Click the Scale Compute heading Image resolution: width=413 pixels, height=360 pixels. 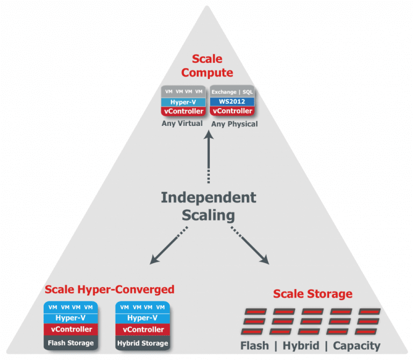coord(207,66)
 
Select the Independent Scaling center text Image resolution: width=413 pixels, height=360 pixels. coord(208,206)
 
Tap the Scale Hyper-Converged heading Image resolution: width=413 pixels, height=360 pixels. coord(109,290)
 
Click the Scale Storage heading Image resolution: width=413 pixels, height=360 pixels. coord(312,294)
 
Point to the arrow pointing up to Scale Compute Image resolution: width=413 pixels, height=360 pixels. coord(208,156)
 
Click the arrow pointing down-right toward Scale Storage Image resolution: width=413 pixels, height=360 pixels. coord(251,246)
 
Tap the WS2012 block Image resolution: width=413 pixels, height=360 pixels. coord(232,102)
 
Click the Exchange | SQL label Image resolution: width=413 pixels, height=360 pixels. coord(232,92)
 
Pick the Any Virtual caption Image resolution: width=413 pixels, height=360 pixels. coord(182,124)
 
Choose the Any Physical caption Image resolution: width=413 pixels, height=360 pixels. coord(234,124)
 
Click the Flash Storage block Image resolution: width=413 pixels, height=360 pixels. coord(70,343)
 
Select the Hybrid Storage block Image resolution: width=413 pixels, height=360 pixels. coord(143,343)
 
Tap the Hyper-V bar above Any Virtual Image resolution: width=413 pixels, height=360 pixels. coord(183,102)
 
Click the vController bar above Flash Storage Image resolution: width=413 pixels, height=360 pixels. coord(70,329)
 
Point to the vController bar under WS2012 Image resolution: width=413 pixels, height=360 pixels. coord(232,111)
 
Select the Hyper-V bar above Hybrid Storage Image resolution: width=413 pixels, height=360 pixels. coord(143,318)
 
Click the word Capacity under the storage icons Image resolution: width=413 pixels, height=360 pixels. coord(357,345)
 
